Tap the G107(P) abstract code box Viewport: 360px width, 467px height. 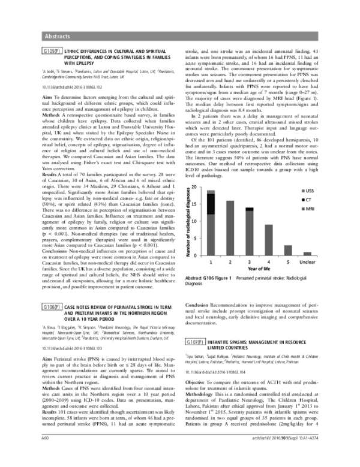pyautogui.click(x=197, y=341)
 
